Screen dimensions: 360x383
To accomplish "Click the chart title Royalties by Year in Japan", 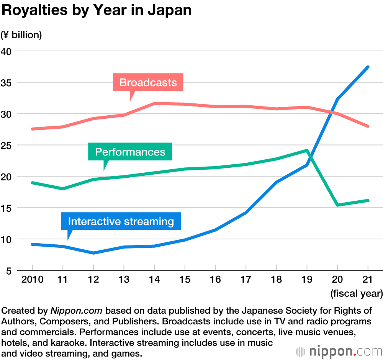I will [97, 11].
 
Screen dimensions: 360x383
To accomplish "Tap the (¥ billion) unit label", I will [21, 35].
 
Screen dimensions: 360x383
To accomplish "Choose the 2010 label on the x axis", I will [32, 280].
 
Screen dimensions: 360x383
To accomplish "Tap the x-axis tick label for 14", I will [154, 280].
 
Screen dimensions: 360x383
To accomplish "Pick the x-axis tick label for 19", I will [307, 280].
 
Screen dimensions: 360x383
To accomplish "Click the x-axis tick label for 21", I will [368, 280].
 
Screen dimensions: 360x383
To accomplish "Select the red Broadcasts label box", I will [148, 82].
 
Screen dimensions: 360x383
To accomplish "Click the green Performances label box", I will [130, 152].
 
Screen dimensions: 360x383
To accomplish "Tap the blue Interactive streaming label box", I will [121, 221].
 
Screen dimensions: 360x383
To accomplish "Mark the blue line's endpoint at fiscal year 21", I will [368, 67].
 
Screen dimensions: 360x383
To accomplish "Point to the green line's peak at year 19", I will [306, 151].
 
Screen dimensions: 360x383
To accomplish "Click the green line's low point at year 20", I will [337, 205].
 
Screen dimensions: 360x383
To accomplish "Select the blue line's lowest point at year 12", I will [93, 253].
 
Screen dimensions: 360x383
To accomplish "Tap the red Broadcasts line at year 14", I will [154, 103].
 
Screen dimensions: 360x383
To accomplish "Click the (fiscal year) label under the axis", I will [356, 294].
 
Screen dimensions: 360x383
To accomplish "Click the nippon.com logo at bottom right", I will [339, 351].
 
